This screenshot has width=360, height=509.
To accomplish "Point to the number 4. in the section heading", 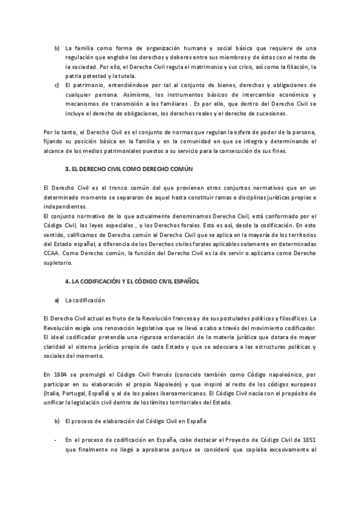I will coord(67,280).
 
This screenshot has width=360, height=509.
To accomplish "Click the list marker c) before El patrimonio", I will coord(57,85).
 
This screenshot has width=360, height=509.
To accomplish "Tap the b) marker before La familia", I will coord(57,47).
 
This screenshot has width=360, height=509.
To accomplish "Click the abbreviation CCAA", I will coord(53,253).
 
